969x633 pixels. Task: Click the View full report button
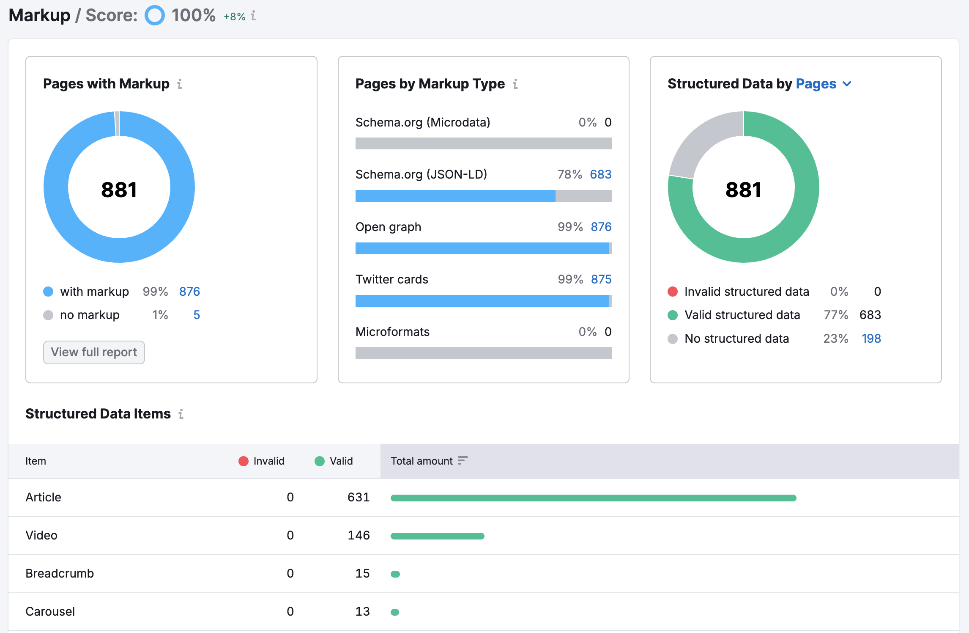[94, 352]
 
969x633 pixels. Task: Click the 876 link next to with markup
[189, 292]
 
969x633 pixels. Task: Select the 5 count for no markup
[197, 315]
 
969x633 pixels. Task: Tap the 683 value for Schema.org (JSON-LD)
[601, 174]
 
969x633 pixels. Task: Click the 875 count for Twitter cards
[601, 279]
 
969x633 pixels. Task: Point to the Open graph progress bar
[483, 248]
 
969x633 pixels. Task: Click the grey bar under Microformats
[483, 353]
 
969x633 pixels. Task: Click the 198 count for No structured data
[871, 339]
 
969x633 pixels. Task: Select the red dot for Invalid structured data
[673, 292]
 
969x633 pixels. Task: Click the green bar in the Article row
[593, 498]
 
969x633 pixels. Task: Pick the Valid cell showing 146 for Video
[359, 535]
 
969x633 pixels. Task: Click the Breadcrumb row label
[60, 573]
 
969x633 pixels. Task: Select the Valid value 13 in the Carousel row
[362, 611]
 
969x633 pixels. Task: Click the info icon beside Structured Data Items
[181, 414]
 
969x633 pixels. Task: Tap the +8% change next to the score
[234, 17]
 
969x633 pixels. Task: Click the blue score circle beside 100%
[155, 15]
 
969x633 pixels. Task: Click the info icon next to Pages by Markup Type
[515, 84]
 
